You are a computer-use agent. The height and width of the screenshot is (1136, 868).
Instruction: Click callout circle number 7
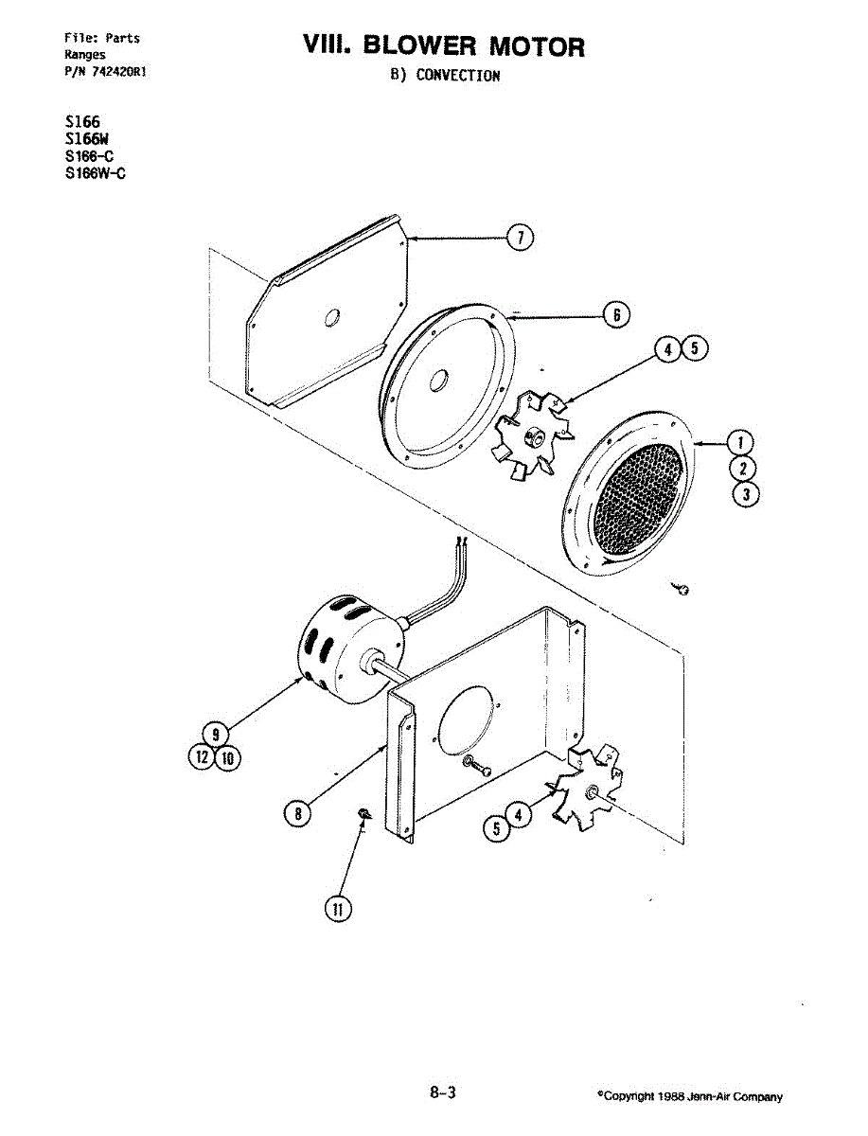coord(519,239)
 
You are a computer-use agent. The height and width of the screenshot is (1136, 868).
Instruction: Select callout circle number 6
coord(615,314)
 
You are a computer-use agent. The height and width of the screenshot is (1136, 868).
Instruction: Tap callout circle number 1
coord(745,441)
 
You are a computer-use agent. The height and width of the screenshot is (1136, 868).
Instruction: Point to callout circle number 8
coord(298,811)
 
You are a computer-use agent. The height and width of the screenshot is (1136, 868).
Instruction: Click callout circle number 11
coord(337,909)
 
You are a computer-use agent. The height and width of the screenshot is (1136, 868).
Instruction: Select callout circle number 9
coord(216,732)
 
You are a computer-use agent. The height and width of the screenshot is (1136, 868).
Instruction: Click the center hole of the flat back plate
coord(331,319)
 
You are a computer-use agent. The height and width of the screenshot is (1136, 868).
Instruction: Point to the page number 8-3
coord(442,1092)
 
